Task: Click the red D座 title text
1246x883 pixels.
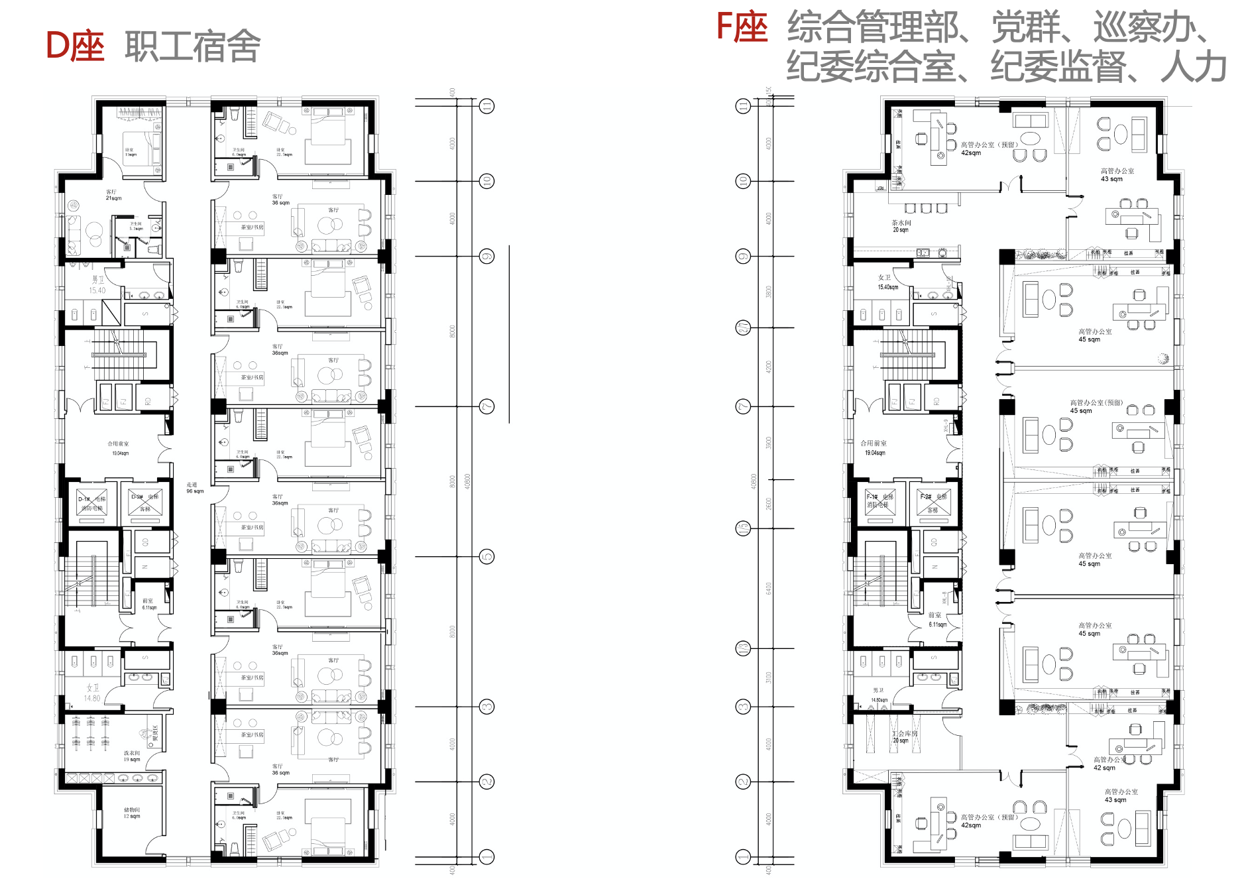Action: click(75, 46)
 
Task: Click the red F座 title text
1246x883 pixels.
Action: click(742, 28)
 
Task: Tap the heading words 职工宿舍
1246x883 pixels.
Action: click(192, 46)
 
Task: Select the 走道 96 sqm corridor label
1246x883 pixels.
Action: click(194, 488)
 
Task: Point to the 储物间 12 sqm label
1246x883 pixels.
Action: click(132, 813)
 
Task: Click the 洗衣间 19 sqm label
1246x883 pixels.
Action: click(132, 756)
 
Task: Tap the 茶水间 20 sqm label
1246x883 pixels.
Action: click(901, 226)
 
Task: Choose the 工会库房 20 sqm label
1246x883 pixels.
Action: click(904, 736)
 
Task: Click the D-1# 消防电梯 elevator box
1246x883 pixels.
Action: click(92, 504)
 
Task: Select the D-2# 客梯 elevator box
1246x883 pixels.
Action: click(145, 502)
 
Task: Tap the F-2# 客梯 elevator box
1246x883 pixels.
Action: click(933, 502)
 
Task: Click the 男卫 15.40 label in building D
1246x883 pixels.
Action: click(97, 285)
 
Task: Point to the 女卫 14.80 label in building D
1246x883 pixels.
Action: click(92, 693)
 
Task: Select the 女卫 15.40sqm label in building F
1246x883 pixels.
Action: click(887, 282)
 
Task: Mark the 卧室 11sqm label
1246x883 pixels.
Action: click(130, 152)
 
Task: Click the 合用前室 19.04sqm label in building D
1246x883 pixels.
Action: click(119, 448)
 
